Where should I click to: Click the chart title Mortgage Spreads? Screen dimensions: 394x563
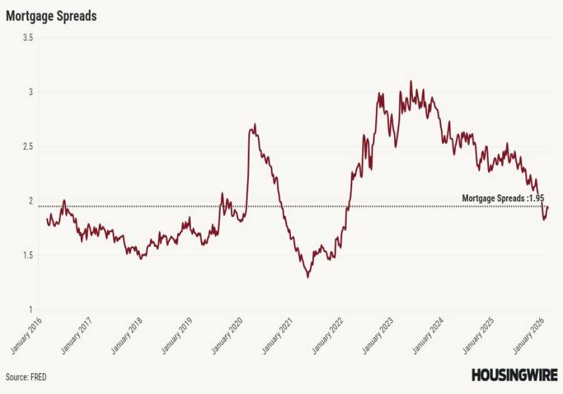coord(51,16)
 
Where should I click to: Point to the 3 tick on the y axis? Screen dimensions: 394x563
coord(29,93)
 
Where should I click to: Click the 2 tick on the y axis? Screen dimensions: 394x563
coord(29,201)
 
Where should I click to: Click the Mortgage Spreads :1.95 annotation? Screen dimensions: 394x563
coord(503,198)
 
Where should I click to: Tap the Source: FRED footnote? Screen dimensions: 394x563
coord(26,377)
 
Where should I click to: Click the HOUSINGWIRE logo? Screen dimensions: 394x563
coord(514,375)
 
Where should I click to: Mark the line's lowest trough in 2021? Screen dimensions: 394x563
coord(308,277)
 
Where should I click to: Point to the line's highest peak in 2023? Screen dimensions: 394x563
coord(411,81)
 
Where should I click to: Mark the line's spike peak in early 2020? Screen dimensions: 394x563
coord(255,124)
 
